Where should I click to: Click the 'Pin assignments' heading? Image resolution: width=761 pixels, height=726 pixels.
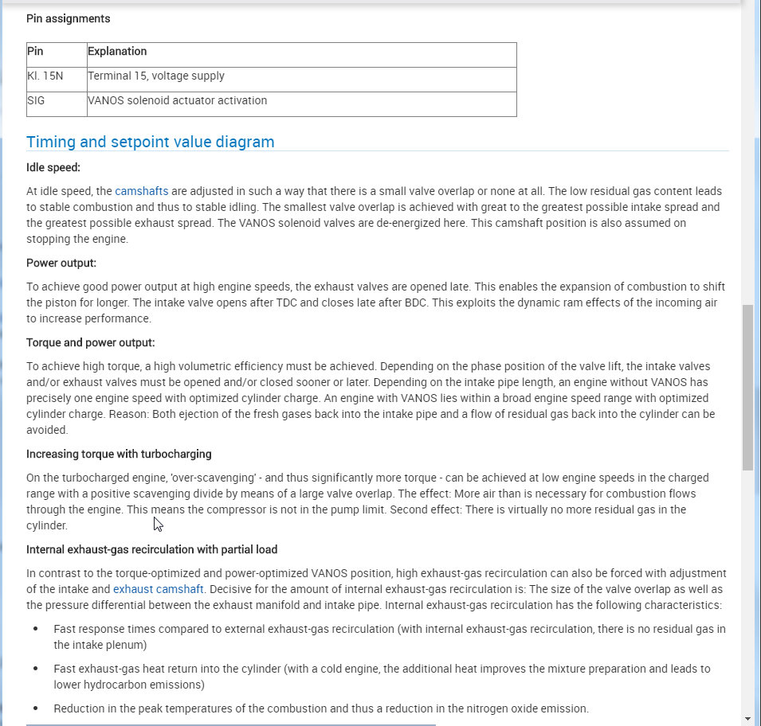(69, 18)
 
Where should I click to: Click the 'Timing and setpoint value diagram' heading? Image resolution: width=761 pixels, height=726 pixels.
(151, 142)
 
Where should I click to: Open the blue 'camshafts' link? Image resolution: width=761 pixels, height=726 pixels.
(142, 191)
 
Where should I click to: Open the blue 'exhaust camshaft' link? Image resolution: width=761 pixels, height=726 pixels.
(159, 589)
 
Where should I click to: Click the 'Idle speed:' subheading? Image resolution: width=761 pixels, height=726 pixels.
(53, 167)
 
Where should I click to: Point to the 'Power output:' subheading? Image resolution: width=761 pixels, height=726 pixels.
(61, 263)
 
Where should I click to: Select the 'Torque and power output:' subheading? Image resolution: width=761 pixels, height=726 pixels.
(91, 342)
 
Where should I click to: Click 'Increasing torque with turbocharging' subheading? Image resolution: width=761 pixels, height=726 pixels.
(119, 454)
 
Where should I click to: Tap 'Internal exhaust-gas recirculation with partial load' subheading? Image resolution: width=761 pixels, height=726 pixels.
(151, 549)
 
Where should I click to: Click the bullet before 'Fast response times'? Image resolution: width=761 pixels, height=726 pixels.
(35, 629)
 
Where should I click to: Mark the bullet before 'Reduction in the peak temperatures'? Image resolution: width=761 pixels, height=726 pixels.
(35, 708)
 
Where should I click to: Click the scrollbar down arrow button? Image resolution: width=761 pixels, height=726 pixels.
(747, 718)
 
